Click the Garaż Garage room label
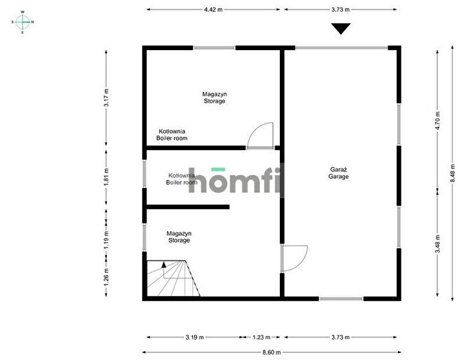(338, 173)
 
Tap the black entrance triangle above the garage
(341, 29)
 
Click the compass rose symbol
(23, 22)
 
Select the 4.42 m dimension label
(213, 10)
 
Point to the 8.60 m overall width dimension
(272, 352)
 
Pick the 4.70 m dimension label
(438, 121)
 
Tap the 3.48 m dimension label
(438, 244)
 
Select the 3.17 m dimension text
(106, 97)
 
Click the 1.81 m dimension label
(106, 177)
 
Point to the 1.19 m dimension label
(106, 239)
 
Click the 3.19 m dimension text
(195, 337)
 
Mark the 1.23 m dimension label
(261, 337)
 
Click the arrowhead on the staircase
(164, 265)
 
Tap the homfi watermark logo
(235, 180)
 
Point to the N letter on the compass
(32, 22)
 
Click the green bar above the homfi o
(218, 169)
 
